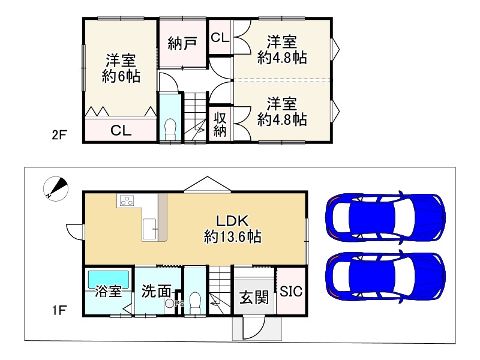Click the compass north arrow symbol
tap(55, 189)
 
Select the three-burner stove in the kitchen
tap(127, 201)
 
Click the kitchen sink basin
tap(150, 229)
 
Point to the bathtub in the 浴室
tap(109, 279)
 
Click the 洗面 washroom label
tap(156, 291)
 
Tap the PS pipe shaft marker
tap(179, 304)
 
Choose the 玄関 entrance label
tap(254, 297)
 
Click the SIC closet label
tap(291, 292)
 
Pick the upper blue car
tap(385, 218)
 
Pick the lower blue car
tap(385, 277)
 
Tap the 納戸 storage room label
tap(182, 43)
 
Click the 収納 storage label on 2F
tap(220, 124)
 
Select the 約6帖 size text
tap(121, 76)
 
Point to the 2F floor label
tap(59, 134)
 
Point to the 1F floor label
tap(59, 310)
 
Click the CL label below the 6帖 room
tap(121, 131)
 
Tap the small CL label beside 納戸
tap(220, 37)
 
